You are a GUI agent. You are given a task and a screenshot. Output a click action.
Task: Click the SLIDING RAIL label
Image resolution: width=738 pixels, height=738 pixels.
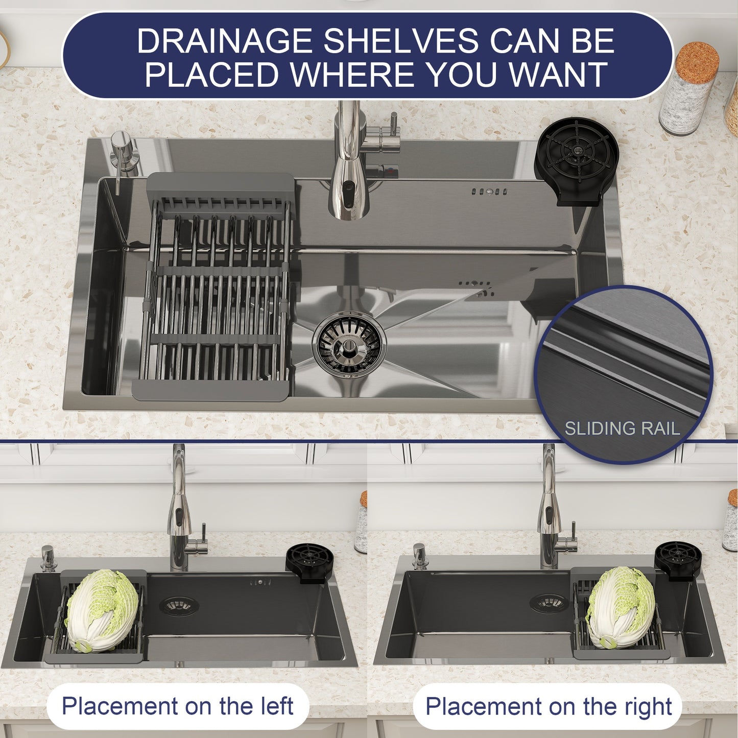pos(622,428)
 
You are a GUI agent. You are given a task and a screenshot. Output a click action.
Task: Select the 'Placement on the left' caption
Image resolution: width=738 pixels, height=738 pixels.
pos(177,706)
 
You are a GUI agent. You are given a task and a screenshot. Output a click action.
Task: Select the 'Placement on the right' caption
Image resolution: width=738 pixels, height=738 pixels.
pos(548,707)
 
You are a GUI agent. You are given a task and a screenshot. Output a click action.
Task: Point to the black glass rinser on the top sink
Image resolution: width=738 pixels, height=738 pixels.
pos(577,159)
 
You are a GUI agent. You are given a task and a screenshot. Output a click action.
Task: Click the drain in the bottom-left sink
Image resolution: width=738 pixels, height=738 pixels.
pos(178,605)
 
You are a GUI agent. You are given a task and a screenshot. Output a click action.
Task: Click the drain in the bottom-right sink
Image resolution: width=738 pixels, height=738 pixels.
pos(549,603)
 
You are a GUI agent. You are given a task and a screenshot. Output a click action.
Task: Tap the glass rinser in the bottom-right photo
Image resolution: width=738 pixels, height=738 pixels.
pos(678,560)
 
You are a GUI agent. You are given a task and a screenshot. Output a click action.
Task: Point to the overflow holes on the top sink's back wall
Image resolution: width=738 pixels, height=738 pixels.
pos(489,192)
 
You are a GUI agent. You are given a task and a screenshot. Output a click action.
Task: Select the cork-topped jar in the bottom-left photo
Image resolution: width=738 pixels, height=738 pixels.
pos(362,523)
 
